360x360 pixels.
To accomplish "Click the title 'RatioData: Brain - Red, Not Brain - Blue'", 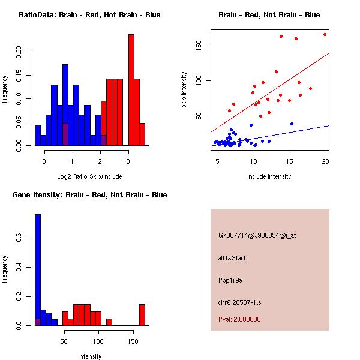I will pos(89,15).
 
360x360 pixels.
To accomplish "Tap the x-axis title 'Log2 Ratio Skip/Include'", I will pos(89,176).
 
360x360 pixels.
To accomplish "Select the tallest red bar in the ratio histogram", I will pos(131,89).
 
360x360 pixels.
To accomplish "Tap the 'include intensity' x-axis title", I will pos(269,176).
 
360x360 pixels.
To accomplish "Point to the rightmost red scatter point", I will pos(325,34).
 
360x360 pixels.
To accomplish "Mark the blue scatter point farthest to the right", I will pos(292,124).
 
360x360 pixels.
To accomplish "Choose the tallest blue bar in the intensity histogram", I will pos(37,269).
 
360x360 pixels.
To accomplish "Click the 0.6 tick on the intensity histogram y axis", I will pos(19,238).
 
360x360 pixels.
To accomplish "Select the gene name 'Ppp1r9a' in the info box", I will pos(230,280).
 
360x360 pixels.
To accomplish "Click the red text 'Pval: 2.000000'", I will pos(239,319).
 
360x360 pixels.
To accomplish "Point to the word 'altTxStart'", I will pos(232,258).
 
